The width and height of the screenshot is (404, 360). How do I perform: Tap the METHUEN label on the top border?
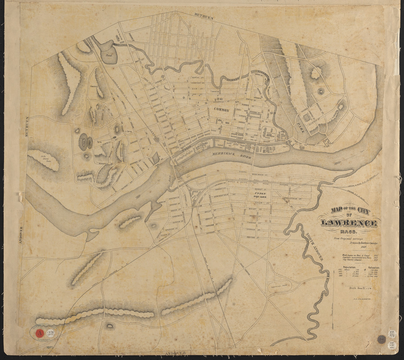coord(203,16)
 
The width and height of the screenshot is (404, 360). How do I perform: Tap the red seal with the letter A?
coord(39,333)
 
